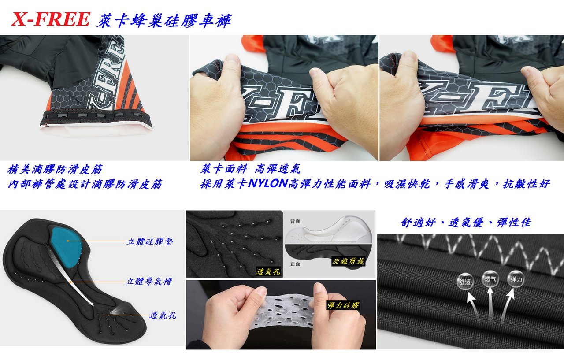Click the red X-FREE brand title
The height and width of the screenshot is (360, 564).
51,19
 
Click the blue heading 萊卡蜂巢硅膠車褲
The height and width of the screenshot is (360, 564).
164,20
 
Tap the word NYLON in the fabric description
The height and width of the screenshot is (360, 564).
267,183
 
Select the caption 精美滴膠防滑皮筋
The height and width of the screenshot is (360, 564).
55,170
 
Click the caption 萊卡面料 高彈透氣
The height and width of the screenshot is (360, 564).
250,169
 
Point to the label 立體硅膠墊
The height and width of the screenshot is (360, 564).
149,241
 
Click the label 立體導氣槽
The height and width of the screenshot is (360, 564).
149,282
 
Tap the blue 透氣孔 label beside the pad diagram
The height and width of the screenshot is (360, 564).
163,315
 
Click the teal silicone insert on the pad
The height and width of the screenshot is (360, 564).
67,246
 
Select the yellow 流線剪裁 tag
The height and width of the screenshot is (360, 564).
348,261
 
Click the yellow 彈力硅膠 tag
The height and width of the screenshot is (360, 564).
343,305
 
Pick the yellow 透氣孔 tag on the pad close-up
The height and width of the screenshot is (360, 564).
268,271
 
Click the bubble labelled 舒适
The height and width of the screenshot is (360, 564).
465,282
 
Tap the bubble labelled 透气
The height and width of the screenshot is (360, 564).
490,278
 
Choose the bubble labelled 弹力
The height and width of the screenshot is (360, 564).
516,279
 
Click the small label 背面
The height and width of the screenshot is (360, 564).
295,221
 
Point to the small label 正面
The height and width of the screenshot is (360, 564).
295,264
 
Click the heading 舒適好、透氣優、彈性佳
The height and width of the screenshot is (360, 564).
466,222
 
